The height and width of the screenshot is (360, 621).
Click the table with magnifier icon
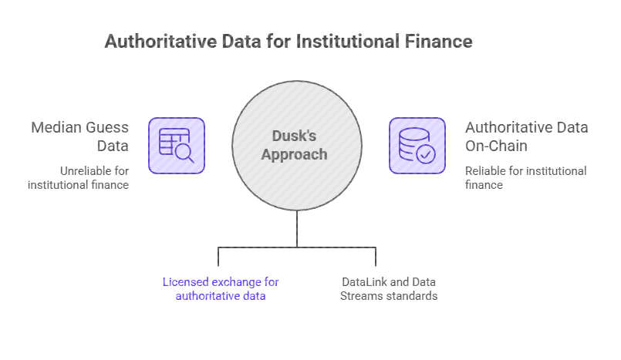pyautogui.click(x=177, y=145)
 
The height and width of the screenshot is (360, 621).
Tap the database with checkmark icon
pyautogui.click(x=417, y=145)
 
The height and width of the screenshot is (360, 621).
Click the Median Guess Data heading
pyautogui.click(x=79, y=136)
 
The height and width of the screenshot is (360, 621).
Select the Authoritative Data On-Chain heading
pyautogui.click(x=526, y=136)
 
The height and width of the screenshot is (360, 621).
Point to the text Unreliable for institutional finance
pyautogui.click(x=79, y=177)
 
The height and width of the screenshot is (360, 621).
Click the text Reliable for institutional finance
pyautogui.click(x=526, y=177)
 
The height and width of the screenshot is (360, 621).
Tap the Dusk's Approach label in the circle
pyautogui.click(x=296, y=144)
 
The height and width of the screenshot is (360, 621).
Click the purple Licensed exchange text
pyautogui.click(x=221, y=288)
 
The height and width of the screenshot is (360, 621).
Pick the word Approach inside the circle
pyautogui.click(x=296, y=154)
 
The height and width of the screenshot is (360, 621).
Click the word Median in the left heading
pyautogui.click(x=58, y=127)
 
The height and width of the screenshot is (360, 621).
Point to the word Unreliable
pyautogui.click(x=85, y=170)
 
